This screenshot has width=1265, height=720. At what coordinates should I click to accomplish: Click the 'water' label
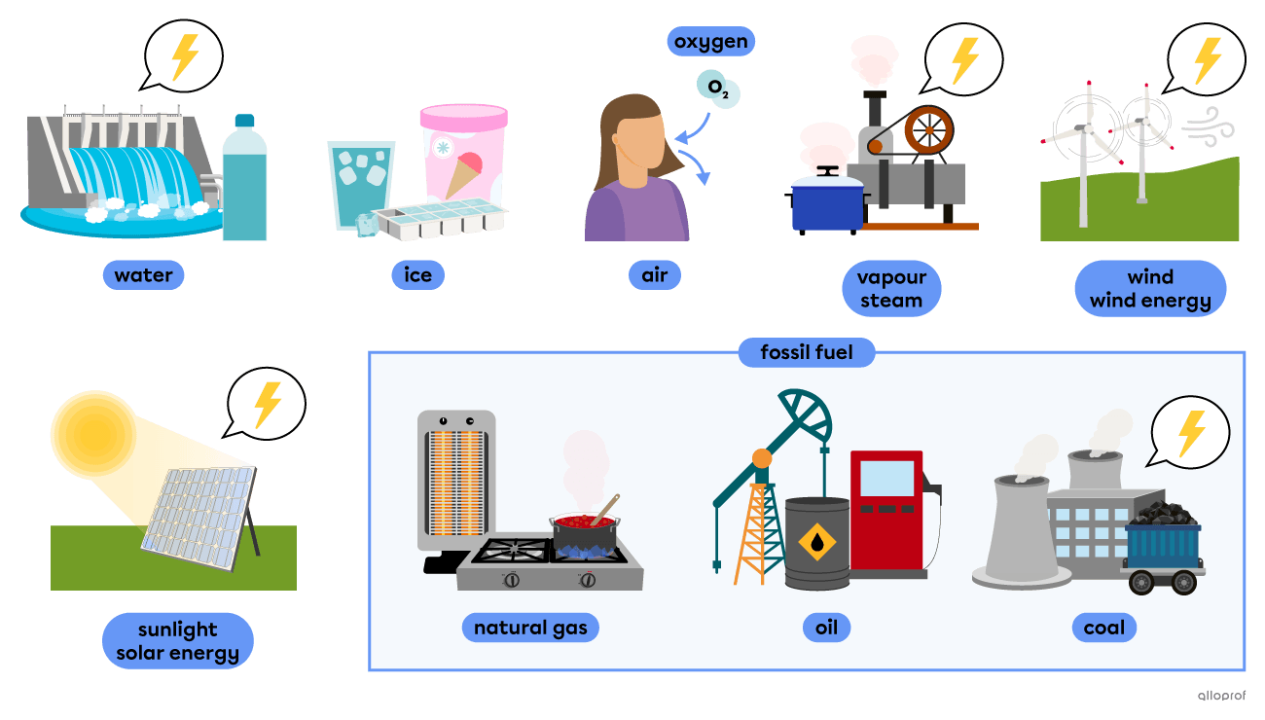143,275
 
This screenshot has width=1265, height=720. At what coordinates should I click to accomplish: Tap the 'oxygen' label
711,41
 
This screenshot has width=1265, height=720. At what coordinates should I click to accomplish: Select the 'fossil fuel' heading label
807,352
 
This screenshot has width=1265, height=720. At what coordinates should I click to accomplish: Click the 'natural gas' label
530,628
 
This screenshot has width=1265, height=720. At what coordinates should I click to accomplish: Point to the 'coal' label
1104,628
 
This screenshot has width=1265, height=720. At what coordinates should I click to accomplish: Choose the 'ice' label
417,275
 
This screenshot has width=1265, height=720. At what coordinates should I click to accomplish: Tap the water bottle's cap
244,121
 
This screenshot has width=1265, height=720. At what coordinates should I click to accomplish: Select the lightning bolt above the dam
185,56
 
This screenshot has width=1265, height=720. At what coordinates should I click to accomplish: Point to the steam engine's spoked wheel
929,130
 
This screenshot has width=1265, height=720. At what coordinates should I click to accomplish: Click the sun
94,434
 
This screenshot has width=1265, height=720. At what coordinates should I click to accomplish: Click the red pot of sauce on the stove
585,529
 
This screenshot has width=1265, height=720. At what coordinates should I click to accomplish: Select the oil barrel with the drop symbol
816,543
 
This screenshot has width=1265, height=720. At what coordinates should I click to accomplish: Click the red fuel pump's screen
886,478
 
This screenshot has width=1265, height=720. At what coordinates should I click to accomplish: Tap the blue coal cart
1163,557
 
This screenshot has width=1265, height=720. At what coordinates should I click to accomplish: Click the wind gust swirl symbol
1208,127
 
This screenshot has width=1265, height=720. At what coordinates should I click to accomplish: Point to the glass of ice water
360,185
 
